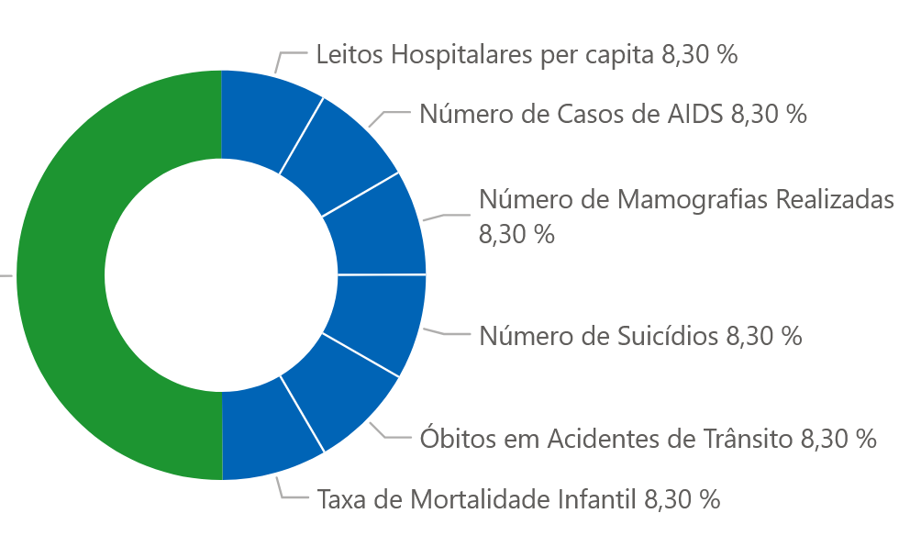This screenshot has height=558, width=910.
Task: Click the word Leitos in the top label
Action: (350, 54)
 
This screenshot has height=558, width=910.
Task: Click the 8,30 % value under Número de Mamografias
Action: (516, 233)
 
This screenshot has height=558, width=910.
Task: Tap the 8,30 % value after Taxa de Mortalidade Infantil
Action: (682, 500)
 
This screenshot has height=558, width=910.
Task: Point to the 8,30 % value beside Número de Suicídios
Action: (764, 336)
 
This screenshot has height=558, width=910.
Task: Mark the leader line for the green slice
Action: (6, 274)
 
